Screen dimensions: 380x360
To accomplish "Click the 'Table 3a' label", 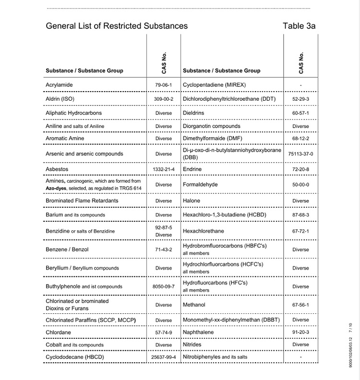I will pos(299,26).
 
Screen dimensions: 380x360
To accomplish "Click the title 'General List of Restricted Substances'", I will pos(117,26).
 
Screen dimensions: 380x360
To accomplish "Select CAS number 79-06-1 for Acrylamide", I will pos(163,85).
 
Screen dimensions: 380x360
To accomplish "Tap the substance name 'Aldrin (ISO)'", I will pos(60,99).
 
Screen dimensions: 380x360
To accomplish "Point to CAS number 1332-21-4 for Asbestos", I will pos(163,169).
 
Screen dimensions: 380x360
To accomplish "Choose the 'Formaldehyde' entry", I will pos(200,184).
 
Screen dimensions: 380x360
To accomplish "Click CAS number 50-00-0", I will pos(300,185).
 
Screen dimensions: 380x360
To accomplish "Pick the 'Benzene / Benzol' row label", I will pos(67,249).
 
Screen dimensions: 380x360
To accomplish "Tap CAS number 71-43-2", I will pos(163,250).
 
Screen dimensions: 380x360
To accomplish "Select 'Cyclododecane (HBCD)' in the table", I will pos(75,357).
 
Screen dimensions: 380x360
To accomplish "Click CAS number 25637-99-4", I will pos(163,357).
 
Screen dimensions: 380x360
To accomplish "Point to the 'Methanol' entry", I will pos(194,305).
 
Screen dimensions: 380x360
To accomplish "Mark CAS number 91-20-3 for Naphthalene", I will pos(300,332).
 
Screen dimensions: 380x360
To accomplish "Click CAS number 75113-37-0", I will pos(300,154).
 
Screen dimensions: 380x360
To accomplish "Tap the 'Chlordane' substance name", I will pos(58,332).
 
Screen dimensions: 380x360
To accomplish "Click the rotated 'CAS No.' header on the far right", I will pos(301,62).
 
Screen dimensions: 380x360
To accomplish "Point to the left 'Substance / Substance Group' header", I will pos(84,71).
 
